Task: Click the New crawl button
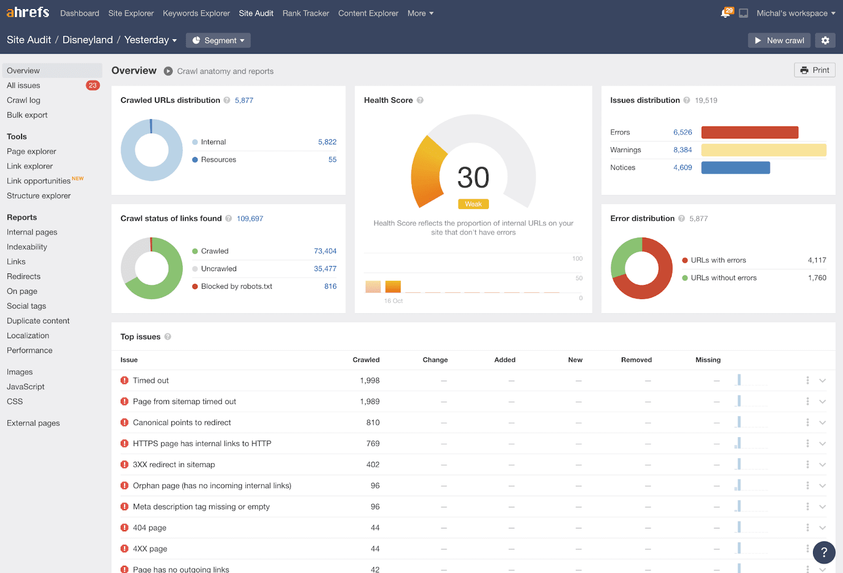pos(779,41)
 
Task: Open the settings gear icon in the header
pos(825,41)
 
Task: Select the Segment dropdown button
pos(218,41)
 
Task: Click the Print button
pos(815,70)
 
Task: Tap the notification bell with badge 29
pos(726,13)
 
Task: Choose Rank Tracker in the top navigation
pos(306,13)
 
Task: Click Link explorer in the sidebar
pos(30,166)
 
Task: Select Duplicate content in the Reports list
pos(38,321)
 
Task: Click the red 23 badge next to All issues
pos(93,85)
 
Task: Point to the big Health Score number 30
pos(473,177)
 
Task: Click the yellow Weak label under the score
pos(473,204)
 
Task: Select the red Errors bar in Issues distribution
pos(749,132)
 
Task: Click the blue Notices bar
pos(736,167)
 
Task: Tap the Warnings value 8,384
pos(682,150)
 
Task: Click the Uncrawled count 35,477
pos(325,269)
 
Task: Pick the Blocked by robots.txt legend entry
pos(237,286)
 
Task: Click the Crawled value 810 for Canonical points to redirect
pos(373,422)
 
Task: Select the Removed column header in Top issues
pos(636,360)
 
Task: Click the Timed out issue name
pos(151,380)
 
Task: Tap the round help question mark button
pos(824,552)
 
